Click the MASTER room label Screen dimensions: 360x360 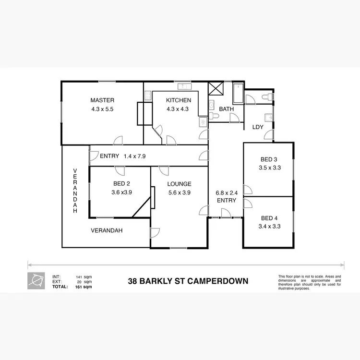click(x=102, y=100)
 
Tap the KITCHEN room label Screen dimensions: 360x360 click(x=179, y=100)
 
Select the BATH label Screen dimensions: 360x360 click(x=226, y=109)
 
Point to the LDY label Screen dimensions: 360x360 click(x=258, y=127)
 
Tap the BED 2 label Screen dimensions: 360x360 click(x=121, y=184)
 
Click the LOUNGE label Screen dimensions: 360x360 click(x=179, y=184)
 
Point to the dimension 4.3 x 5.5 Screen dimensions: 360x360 click(x=102, y=109)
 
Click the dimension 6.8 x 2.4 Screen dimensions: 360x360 click(x=227, y=192)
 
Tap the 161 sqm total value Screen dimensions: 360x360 click(x=84, y=287)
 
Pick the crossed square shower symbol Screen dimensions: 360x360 click(x=215, y=89)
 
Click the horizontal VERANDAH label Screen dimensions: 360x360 click(x=107, y=230)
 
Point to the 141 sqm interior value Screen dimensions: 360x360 click(x=84, y=277)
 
